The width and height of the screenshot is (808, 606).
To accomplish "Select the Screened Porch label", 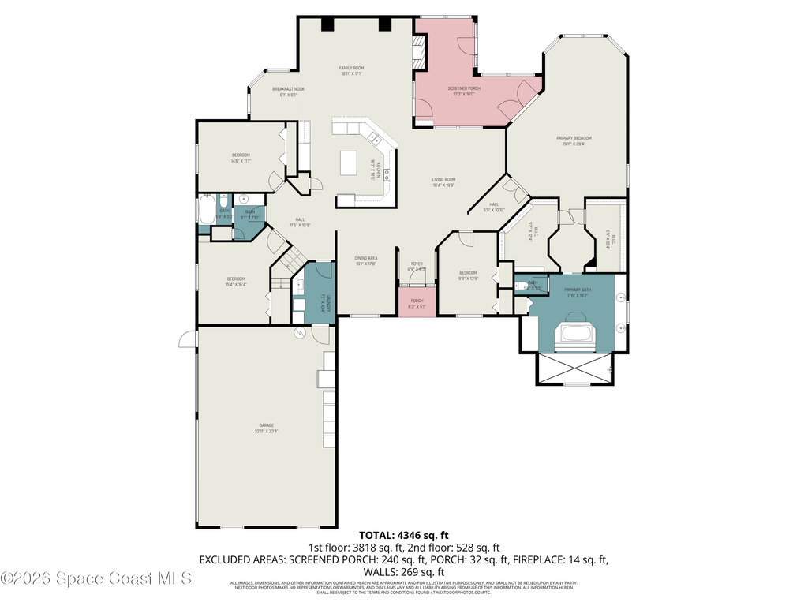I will [463, 91].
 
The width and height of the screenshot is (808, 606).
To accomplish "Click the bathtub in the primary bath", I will [574, 335].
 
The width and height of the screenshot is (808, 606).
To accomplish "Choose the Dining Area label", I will [365, 260].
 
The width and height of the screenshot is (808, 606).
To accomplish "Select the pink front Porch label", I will [417, 303].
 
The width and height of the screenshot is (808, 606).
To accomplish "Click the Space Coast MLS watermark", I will [95, 578].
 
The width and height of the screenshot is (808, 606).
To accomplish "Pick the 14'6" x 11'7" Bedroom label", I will [241, 157].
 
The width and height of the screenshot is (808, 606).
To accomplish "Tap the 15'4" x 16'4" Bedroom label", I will [236, 281].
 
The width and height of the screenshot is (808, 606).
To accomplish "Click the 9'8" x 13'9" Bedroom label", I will [469, 275].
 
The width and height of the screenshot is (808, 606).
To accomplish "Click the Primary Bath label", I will [577, 293].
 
